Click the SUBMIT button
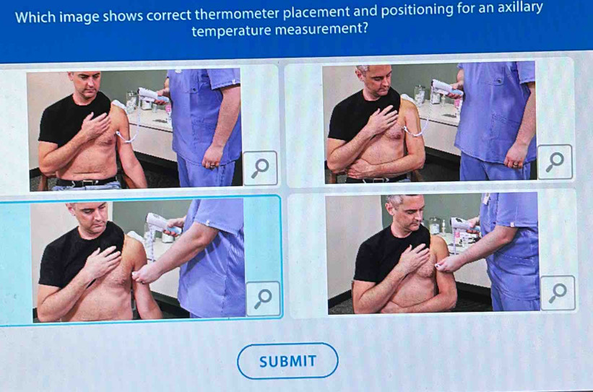click(287, 361)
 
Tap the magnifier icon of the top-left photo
click(260, 168)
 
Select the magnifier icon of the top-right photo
click(555, 162)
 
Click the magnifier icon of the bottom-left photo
click(263, 299)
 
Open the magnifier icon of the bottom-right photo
click(558, 293)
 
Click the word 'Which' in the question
click(35, 17)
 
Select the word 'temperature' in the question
click(231, 30)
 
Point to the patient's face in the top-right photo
click(377, 80)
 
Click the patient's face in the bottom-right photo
click(407, 211)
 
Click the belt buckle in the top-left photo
click(85, 183)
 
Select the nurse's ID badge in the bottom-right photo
click(485, 199)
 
